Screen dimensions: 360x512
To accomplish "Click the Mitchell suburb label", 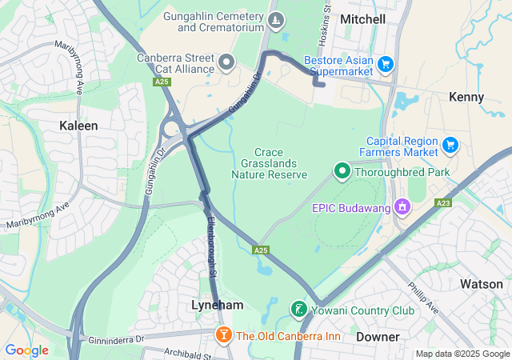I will click(x=362, y=18).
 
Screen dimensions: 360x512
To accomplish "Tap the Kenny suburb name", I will click(x=466, y=97).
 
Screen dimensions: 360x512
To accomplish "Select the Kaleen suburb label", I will click(x=79, y=126).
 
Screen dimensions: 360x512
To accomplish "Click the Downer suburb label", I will click(x=377, y=337).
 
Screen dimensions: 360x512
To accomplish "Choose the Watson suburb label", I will click(x=482, y=284).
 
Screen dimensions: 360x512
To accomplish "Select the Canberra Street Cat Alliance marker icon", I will click(x=226, y=62).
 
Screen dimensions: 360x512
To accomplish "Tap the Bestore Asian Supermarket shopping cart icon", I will click(x=386, y=63).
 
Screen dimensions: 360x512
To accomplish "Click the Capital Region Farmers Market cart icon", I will click(x=450, y=145).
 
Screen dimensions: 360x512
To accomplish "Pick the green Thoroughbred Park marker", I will click(x=342, y=170).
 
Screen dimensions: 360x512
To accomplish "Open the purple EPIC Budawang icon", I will click(x=402, y=208).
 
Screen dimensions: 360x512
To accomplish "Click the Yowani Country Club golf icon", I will click(x=298, y=309).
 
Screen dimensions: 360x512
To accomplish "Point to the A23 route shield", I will click(x=443, y=204).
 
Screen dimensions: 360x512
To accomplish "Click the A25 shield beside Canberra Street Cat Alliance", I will click(x=163, y=82).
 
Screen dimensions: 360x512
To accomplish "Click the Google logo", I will click(x=26, y=350).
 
